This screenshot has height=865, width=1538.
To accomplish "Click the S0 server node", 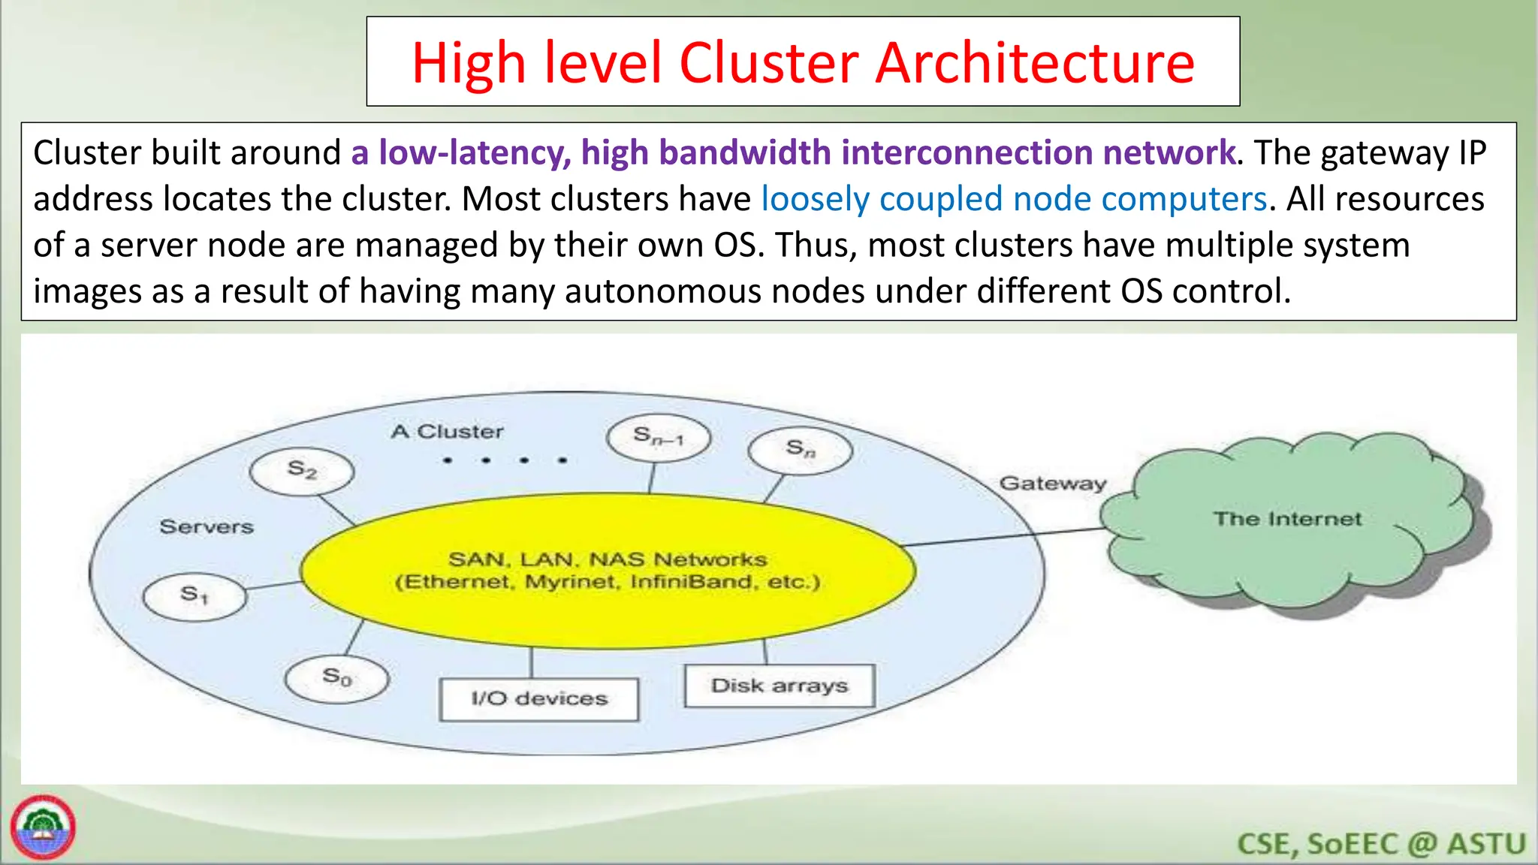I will (337, 679).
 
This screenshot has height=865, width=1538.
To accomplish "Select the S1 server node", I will (195, 596).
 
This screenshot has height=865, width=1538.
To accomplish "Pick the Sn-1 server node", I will (659, 437).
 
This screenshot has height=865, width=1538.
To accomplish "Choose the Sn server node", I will (801, 451).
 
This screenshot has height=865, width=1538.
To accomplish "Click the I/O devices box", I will (539, 699).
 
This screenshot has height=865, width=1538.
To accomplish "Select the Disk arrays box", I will (780, 686).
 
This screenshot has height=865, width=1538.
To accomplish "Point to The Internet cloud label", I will (1287, 520).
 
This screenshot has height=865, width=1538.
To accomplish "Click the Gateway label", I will (1053, 484).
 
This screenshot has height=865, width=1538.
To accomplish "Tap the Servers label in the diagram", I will (207, 527).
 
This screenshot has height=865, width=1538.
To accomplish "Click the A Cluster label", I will (447, 432).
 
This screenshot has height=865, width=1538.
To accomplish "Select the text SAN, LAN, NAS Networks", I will (608, 559).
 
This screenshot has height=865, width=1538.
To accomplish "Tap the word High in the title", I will (469, 63).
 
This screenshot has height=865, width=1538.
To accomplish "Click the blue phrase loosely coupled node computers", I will (1014, 200).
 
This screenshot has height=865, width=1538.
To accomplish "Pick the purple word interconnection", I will (967, 153).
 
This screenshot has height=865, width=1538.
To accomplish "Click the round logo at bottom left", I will (43, 827).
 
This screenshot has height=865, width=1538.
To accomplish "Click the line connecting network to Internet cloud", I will (1006, 536).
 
